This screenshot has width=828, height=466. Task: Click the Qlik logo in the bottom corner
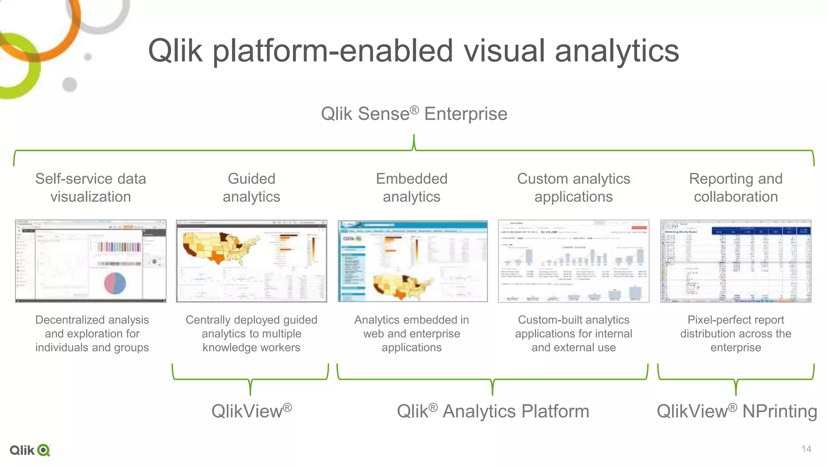[x=30, y=450]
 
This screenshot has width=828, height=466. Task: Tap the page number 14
[x=806, y=449]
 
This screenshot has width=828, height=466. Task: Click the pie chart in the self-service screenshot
[x=115, y=283]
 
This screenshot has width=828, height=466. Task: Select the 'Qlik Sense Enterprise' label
[x=414, y=114]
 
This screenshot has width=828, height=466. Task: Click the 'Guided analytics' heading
[x=251, y=188]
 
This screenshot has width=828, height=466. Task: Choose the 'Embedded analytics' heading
[x=412, y=188]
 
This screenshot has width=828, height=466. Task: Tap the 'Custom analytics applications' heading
[x=573, y=188]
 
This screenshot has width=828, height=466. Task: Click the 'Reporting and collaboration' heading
[x=735, y=188]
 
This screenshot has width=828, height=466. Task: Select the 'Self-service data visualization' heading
[x=91, y=188]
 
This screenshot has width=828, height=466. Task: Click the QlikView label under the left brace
[x=251, y=411]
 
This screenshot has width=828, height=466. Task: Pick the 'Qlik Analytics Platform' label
[x=493, y=411]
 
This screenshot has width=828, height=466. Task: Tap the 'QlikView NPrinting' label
[x=737, y=411]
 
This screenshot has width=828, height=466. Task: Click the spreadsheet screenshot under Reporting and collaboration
[x=735, y=261]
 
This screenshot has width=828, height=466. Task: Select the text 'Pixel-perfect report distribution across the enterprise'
[x=735, y=334]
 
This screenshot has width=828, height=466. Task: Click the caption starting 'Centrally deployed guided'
[x=251, y=334]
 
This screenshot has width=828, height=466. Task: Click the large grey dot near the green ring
[x=70, y=85]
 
